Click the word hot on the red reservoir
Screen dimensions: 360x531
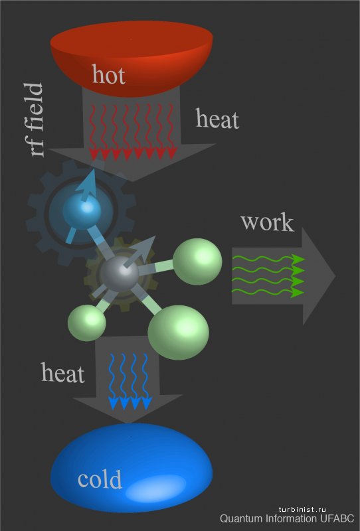pyautogui.click(x=108, y=74)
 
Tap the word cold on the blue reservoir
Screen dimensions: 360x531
pyautogui.click(x=100, y=479)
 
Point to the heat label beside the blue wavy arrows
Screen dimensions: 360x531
pyautogui.click(x=62, y=372)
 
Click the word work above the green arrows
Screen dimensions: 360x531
pyautogui.click(x=268, y=222)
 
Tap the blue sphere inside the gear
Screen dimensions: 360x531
pyautogui.click(x=82, y=210)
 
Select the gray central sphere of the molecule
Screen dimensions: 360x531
pyautogui.click(x=119, y=273)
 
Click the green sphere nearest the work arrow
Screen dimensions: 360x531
pyautogui.click(x=197, y=261)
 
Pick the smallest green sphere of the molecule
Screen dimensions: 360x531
pyautogui.click(x=87, y=323)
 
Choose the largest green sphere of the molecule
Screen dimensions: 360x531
pyautogui.click(x=178, y=333)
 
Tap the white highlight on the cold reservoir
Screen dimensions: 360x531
pyautogui.click(x=156, y=488)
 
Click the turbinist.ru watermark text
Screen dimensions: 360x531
pyautogui.click(x=302, y=509)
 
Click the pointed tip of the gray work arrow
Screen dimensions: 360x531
pyautogui.click(x=335, y=276)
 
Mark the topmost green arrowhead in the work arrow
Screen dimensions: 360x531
pyautogui.click(x=298, y=259)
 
